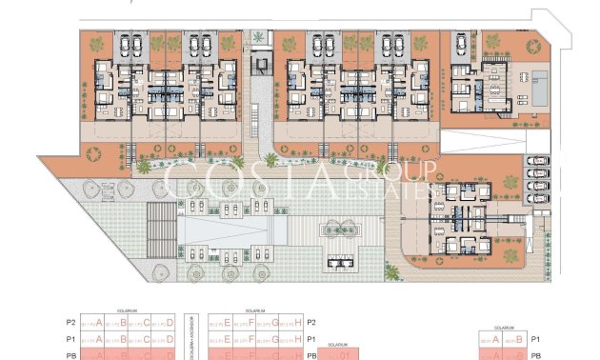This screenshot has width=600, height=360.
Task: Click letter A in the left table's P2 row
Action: (x=99, y=323)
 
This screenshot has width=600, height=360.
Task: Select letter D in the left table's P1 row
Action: (x=170, y=338)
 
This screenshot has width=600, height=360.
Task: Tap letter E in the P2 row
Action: (x=228, y=323)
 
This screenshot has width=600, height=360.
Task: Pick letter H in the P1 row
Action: (x=300, y=338)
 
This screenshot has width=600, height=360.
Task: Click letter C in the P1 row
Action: (x=147, y=338)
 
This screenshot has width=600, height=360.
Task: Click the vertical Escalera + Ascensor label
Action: (x=193, y=333)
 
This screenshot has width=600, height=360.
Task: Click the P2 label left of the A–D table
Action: (x=70, y=323)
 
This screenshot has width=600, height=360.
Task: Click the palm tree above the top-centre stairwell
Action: (x=259, y=38)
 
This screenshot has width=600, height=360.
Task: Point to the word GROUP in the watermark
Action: (x=399, y=170)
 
